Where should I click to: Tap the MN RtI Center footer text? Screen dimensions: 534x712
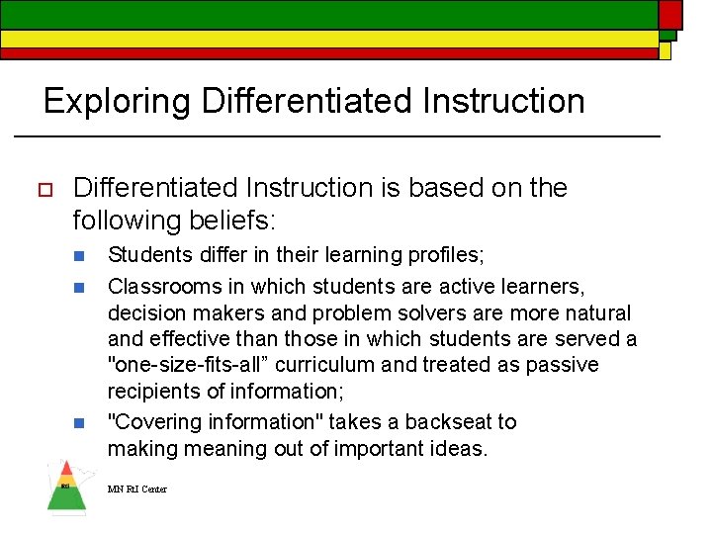click(x=137, y=489)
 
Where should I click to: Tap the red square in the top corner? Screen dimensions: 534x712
click(x=669, y=13)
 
